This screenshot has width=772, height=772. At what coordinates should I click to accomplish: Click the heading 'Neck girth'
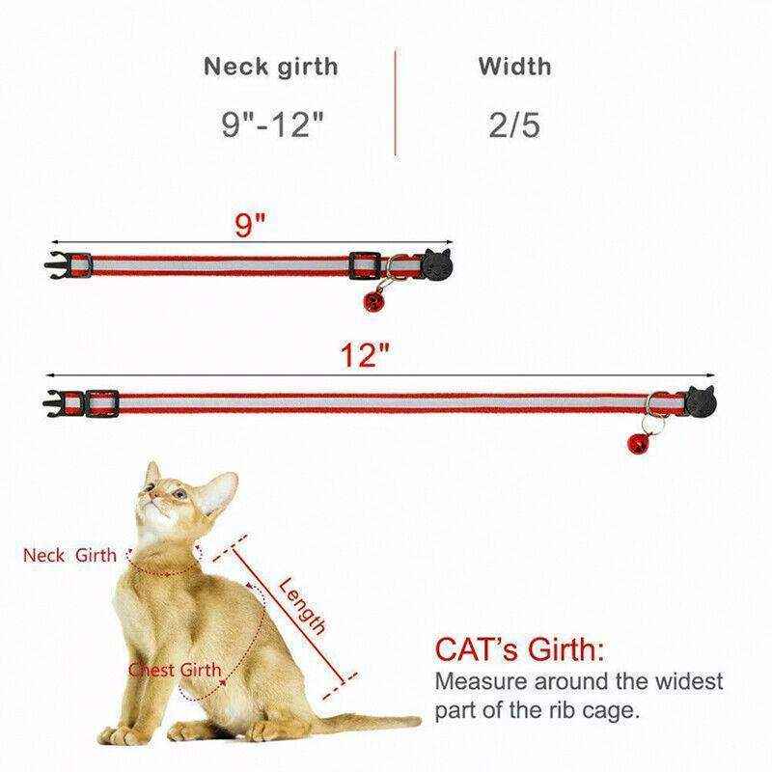(x=271, y=67)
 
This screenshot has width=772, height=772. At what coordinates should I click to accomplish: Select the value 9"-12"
(x=271, y=126)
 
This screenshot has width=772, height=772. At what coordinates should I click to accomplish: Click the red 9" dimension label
(x=250, y=226)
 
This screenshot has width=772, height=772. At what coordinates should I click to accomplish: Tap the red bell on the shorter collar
(x=370, y=305)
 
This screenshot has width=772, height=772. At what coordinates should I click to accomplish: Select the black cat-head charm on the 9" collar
(x=436, y=263)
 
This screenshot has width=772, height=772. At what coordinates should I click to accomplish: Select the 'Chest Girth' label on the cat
(x=176, y=670)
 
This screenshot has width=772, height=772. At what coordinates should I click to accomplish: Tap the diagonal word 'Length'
(x=302, y=605)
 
